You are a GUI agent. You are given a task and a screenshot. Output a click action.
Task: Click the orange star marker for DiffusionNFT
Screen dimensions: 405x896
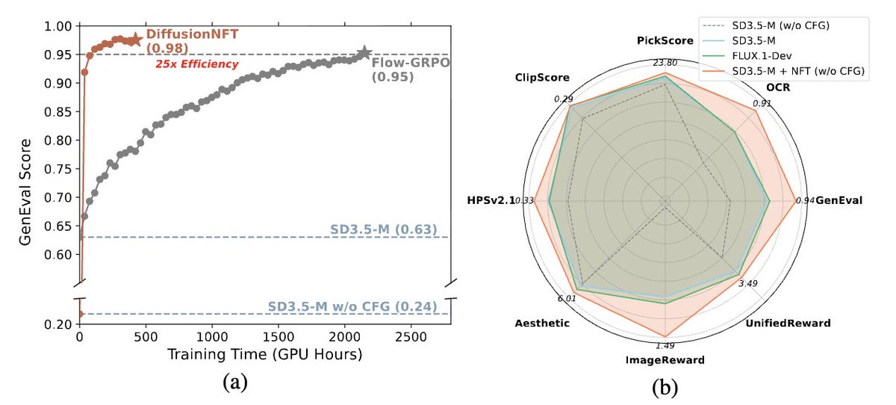(x=135, y=40)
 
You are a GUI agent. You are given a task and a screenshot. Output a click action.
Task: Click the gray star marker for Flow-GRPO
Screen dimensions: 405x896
(x=364, y=53)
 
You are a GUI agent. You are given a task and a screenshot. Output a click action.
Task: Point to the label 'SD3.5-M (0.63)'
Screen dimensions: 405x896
(x=383, y=229)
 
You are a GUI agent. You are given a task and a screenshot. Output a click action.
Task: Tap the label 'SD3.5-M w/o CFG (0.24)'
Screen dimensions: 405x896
(x=352, y=306)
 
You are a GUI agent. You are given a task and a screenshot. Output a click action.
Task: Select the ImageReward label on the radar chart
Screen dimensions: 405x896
(x=664, y=360)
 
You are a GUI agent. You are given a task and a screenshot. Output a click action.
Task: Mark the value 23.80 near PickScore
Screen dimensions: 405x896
(x=664, y=63)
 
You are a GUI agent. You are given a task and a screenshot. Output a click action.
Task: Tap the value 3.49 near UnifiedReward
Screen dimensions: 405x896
(x=747, y=282)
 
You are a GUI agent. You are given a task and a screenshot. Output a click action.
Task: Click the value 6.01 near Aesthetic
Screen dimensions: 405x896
(x=567, y=299)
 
